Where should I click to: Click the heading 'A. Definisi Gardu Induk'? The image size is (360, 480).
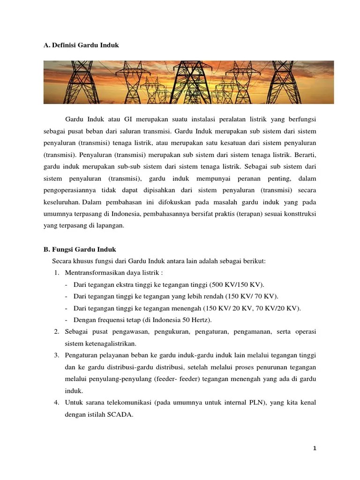[81, 45]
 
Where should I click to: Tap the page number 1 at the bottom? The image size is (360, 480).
[315, 449]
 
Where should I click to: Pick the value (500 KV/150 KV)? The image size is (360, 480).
[237, 285]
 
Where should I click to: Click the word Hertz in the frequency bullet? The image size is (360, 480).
[199, 320]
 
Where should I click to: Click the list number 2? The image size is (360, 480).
[56, 331]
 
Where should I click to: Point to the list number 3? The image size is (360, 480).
[56, 355]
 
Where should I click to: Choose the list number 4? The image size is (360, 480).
[56, 402]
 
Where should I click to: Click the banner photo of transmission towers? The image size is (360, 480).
[188, 82]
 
